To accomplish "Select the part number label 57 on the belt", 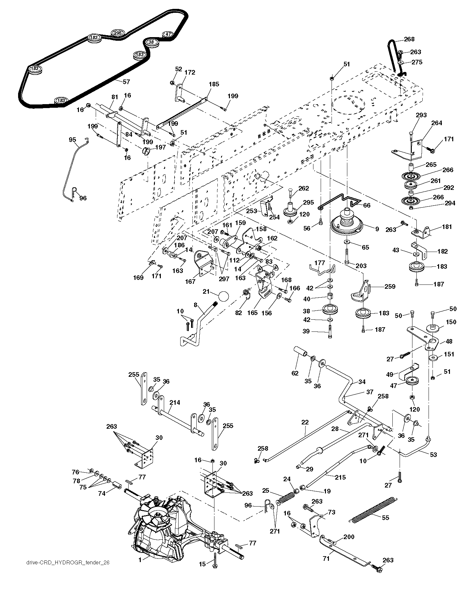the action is click(126, 82).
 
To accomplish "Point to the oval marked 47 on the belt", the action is click(168, 34).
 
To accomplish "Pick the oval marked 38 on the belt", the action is click(151, 42).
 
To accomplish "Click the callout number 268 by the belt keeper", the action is click(409, 39).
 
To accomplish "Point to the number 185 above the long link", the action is click(214, 84).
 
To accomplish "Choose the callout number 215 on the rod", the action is click(340, 477).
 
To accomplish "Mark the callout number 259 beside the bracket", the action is click(390, 286).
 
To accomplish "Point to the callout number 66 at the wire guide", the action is click(367, 205).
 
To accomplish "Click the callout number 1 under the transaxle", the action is click(140, 560).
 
